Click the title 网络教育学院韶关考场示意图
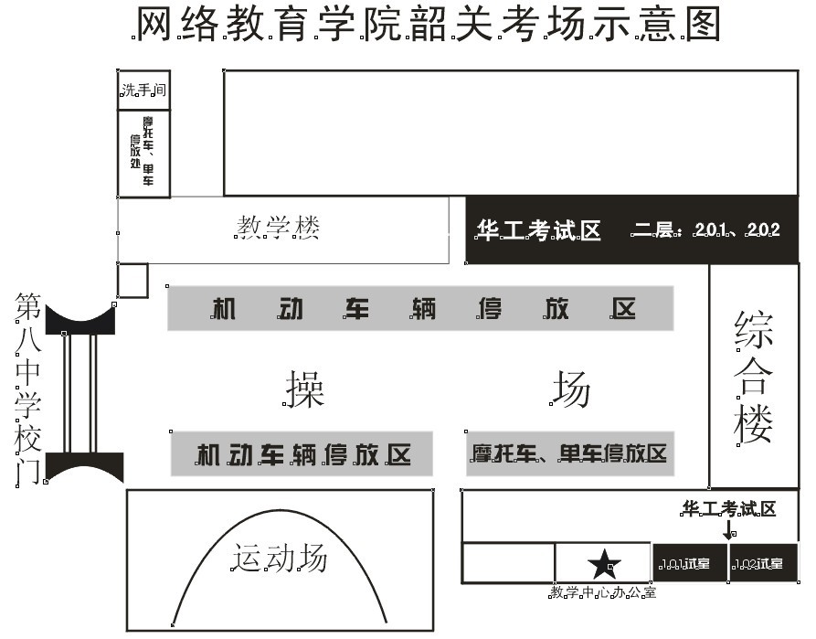click(427, 25)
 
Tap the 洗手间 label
click(143, 91)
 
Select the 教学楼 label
click(279, 227)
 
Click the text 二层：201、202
click(706, 230)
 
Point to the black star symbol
click(603, 565)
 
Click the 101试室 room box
click(689, 563)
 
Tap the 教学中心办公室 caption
click(603, 593)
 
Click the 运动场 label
click(279, 558)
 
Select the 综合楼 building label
click(755, 377)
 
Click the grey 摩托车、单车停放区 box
click(570, 453)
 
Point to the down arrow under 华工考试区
click(728, 529)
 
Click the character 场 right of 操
click(570, 389)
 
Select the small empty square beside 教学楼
click(132, 281)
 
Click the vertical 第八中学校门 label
click(27, 389)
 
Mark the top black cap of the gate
click(79, 318)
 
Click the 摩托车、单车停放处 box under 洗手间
click(143, 153)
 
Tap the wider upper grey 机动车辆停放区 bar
click(420, 309)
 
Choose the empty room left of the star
click(508, 563)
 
